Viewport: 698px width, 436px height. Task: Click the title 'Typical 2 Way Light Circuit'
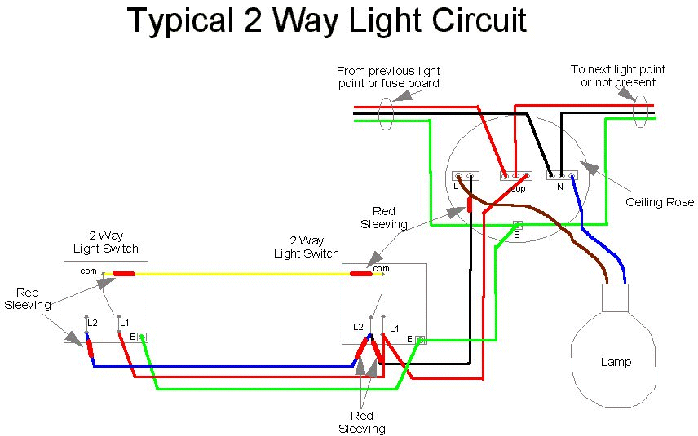tap(327, 21)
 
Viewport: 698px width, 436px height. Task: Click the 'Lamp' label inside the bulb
tap(615, 362)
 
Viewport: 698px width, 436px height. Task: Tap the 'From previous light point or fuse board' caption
tap(388, 77)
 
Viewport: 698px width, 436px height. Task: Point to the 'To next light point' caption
tap(618, 77)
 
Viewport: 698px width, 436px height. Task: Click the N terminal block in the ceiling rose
tap(560, 174)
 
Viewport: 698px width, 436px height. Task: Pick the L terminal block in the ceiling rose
tap(465, 175)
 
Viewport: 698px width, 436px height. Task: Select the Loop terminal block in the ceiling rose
tap(515, 174)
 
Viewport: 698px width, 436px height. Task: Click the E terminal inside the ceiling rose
tap(517, 225)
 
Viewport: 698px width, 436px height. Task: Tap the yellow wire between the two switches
tap(245, 274)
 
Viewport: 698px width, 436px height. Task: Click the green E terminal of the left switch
tap(142, 337)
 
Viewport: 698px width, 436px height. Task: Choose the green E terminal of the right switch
tap(421, 339)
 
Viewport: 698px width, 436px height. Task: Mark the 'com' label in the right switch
tap(381, 268)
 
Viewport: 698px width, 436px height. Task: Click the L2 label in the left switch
tap(92, 324)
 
